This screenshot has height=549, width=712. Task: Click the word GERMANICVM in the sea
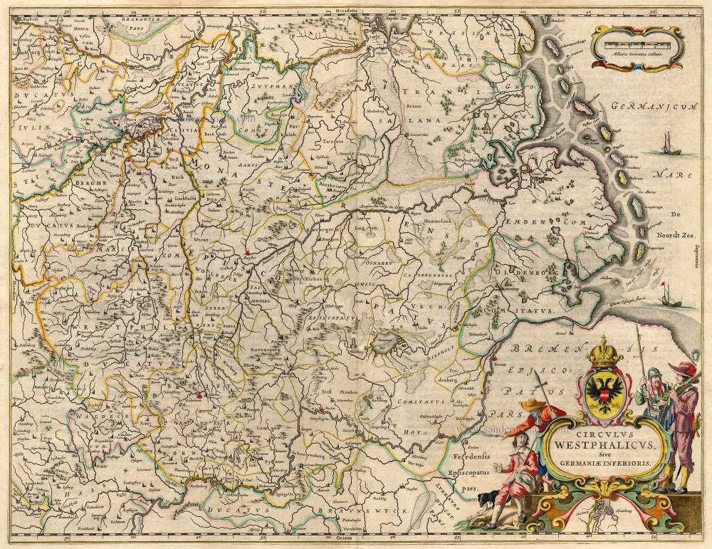[651, 109]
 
